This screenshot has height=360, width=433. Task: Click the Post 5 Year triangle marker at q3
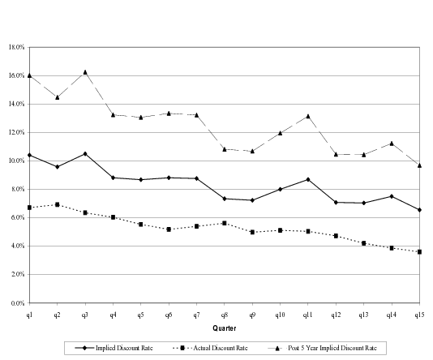85,72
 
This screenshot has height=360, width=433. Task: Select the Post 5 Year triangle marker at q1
29,75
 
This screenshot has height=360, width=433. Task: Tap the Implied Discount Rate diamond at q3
85,153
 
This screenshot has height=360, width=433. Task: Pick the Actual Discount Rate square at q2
57,204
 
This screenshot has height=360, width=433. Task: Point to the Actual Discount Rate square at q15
418,251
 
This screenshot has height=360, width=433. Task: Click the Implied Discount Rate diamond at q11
307,179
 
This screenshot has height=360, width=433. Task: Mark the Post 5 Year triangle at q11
307,116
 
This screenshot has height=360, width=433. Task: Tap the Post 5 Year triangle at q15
418,165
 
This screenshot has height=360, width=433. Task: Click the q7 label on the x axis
196,313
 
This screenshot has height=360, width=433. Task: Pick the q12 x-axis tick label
335,313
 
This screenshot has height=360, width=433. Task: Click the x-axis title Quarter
225,328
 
